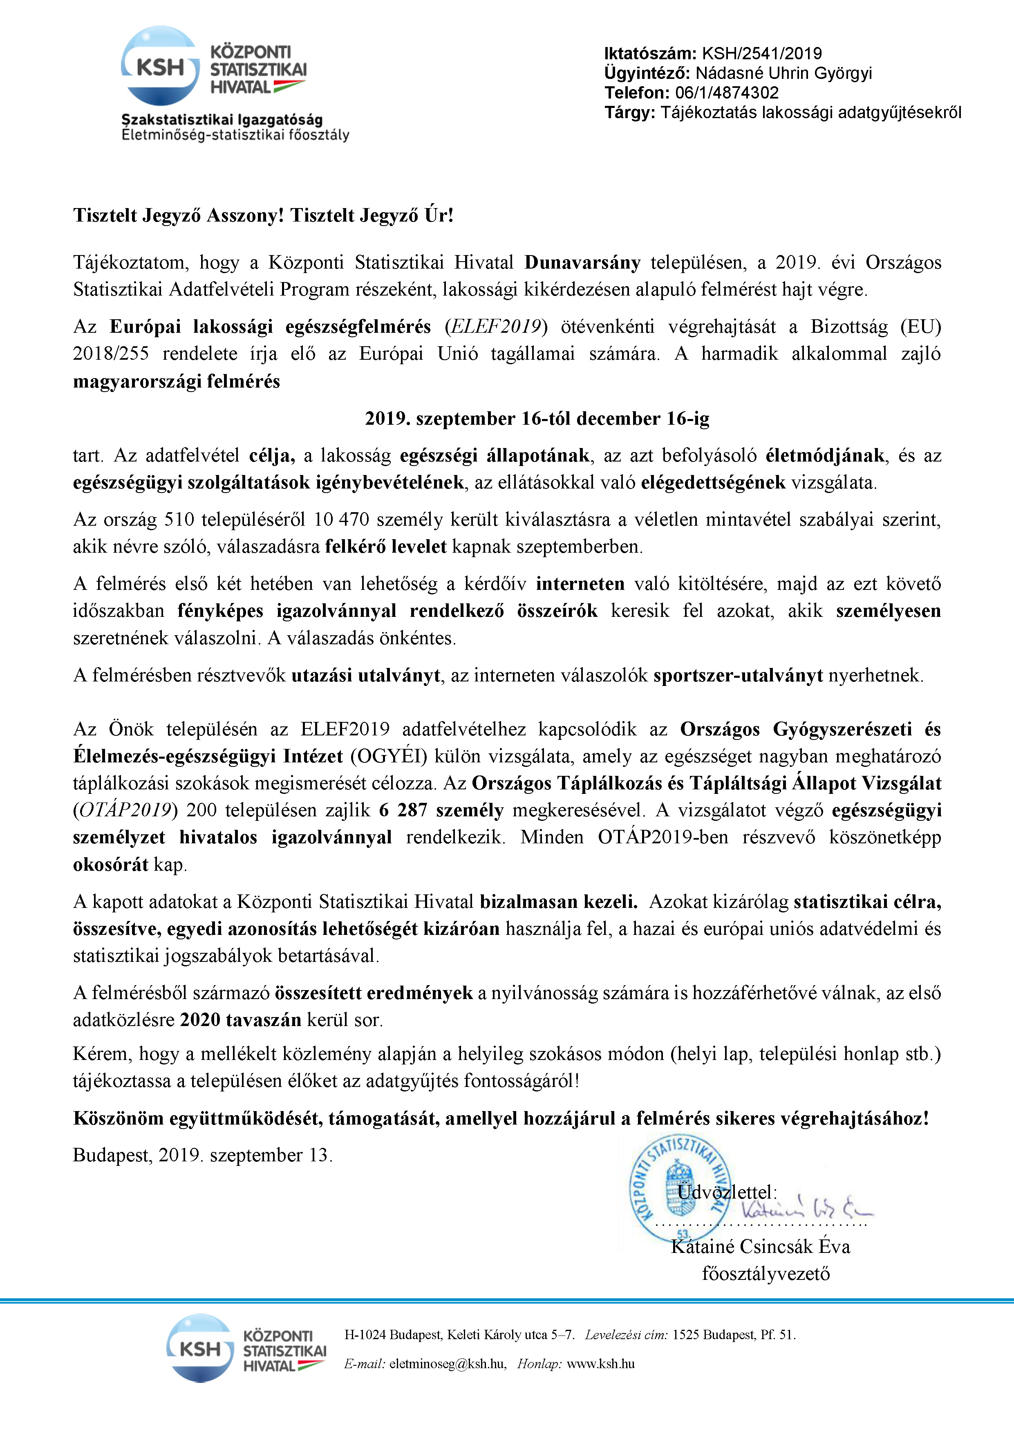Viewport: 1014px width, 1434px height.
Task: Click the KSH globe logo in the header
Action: [160, 65]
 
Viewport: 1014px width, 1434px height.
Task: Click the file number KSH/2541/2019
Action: [762, 54]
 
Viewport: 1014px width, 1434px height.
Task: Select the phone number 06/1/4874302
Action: [727, 93]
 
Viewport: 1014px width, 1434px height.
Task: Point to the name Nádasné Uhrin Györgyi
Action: [783, 73]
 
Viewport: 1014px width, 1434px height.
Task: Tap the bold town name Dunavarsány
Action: [582, 262]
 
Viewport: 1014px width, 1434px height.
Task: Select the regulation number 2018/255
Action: [110, 354]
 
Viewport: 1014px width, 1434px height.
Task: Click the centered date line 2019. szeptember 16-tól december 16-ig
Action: [537, 419]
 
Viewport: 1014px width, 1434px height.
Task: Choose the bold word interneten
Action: [580, 584]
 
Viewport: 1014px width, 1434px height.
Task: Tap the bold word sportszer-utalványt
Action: [738, 676]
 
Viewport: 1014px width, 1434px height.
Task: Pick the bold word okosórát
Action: [110, 865]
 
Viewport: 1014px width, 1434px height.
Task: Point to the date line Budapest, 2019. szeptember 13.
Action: [202, 1156]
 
